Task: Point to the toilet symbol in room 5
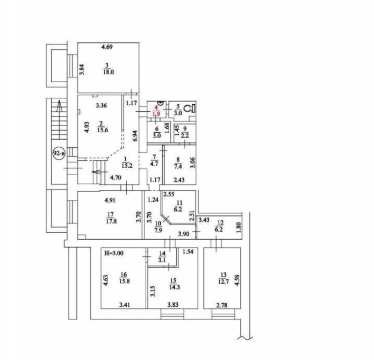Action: pyautogui.click(x=188, y=109)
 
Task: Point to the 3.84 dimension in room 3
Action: pyautogui.click(x=82, y=70)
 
